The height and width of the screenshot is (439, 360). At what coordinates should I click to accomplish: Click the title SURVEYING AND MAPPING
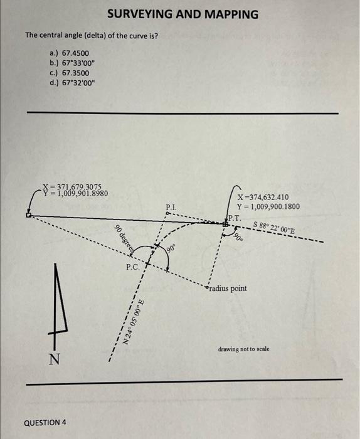tap(182, 14)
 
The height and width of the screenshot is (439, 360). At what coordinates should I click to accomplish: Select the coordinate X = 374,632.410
tap(262, 197)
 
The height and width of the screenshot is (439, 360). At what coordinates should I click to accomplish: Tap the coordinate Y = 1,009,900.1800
tap(268, 206)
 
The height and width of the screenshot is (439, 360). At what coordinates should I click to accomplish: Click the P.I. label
tap(171, 206)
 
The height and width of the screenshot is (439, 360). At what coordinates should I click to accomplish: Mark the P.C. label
tap(133, 266)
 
